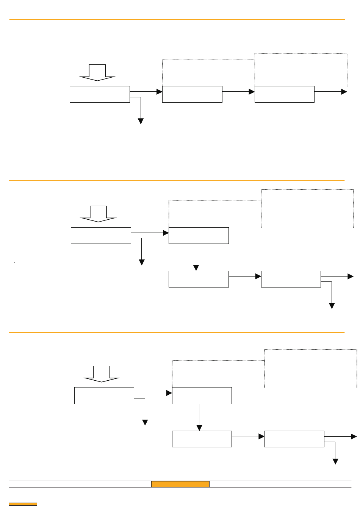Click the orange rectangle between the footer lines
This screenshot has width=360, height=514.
180,484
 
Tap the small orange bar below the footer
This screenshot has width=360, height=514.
23,504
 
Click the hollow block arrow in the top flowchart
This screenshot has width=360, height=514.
97,73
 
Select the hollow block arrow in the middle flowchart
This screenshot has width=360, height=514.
99,214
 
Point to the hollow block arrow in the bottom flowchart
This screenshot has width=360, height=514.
102,374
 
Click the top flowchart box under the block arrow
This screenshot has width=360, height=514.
100,94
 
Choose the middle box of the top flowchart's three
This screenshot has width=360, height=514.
192,94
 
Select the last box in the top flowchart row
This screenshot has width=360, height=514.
284,94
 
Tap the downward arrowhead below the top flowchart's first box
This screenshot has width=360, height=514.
141,121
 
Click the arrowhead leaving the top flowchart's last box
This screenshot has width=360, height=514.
344,92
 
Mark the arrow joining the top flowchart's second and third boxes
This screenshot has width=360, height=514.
238,92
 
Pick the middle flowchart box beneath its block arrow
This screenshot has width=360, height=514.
101,236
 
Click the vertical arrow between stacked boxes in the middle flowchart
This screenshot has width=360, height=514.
196,257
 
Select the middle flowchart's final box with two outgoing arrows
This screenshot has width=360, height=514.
291,279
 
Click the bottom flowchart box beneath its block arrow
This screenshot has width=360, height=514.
104,395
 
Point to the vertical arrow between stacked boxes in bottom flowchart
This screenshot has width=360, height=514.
199,417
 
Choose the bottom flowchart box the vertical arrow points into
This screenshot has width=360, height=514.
202,439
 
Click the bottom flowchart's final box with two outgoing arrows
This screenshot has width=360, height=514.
294,439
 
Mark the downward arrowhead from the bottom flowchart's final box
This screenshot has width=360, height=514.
335,461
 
